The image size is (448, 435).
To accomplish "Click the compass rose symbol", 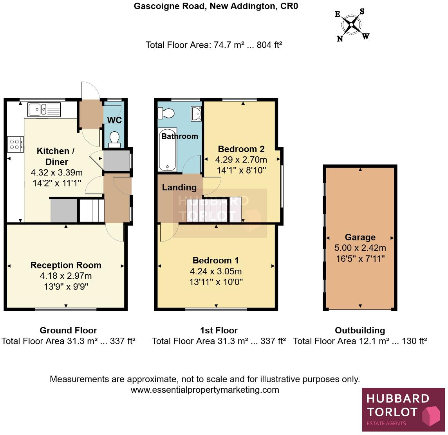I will click(352, 25).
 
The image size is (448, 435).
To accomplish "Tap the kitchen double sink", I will click(44, 109).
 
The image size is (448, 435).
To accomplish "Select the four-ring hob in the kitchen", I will click(15, 143).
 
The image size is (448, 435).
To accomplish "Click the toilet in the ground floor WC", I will click(114, 139).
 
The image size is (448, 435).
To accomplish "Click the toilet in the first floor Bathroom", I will click(166, 113).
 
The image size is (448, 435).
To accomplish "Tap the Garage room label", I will click(360, 237).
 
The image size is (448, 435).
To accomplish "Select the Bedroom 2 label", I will click(241, 149).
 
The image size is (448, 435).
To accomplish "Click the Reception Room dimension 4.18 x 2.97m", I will click(66, 276).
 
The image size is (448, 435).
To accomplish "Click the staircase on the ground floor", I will click(91, 210).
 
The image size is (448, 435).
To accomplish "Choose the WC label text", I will click(114, 120).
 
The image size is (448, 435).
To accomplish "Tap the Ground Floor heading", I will click(68, 330).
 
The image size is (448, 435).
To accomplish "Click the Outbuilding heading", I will click(359, 330).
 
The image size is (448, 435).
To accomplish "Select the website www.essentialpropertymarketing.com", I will click(204, 390).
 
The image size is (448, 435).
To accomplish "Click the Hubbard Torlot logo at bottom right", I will click(403, 410).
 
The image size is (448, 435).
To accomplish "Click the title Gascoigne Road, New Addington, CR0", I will click(216, 6).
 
